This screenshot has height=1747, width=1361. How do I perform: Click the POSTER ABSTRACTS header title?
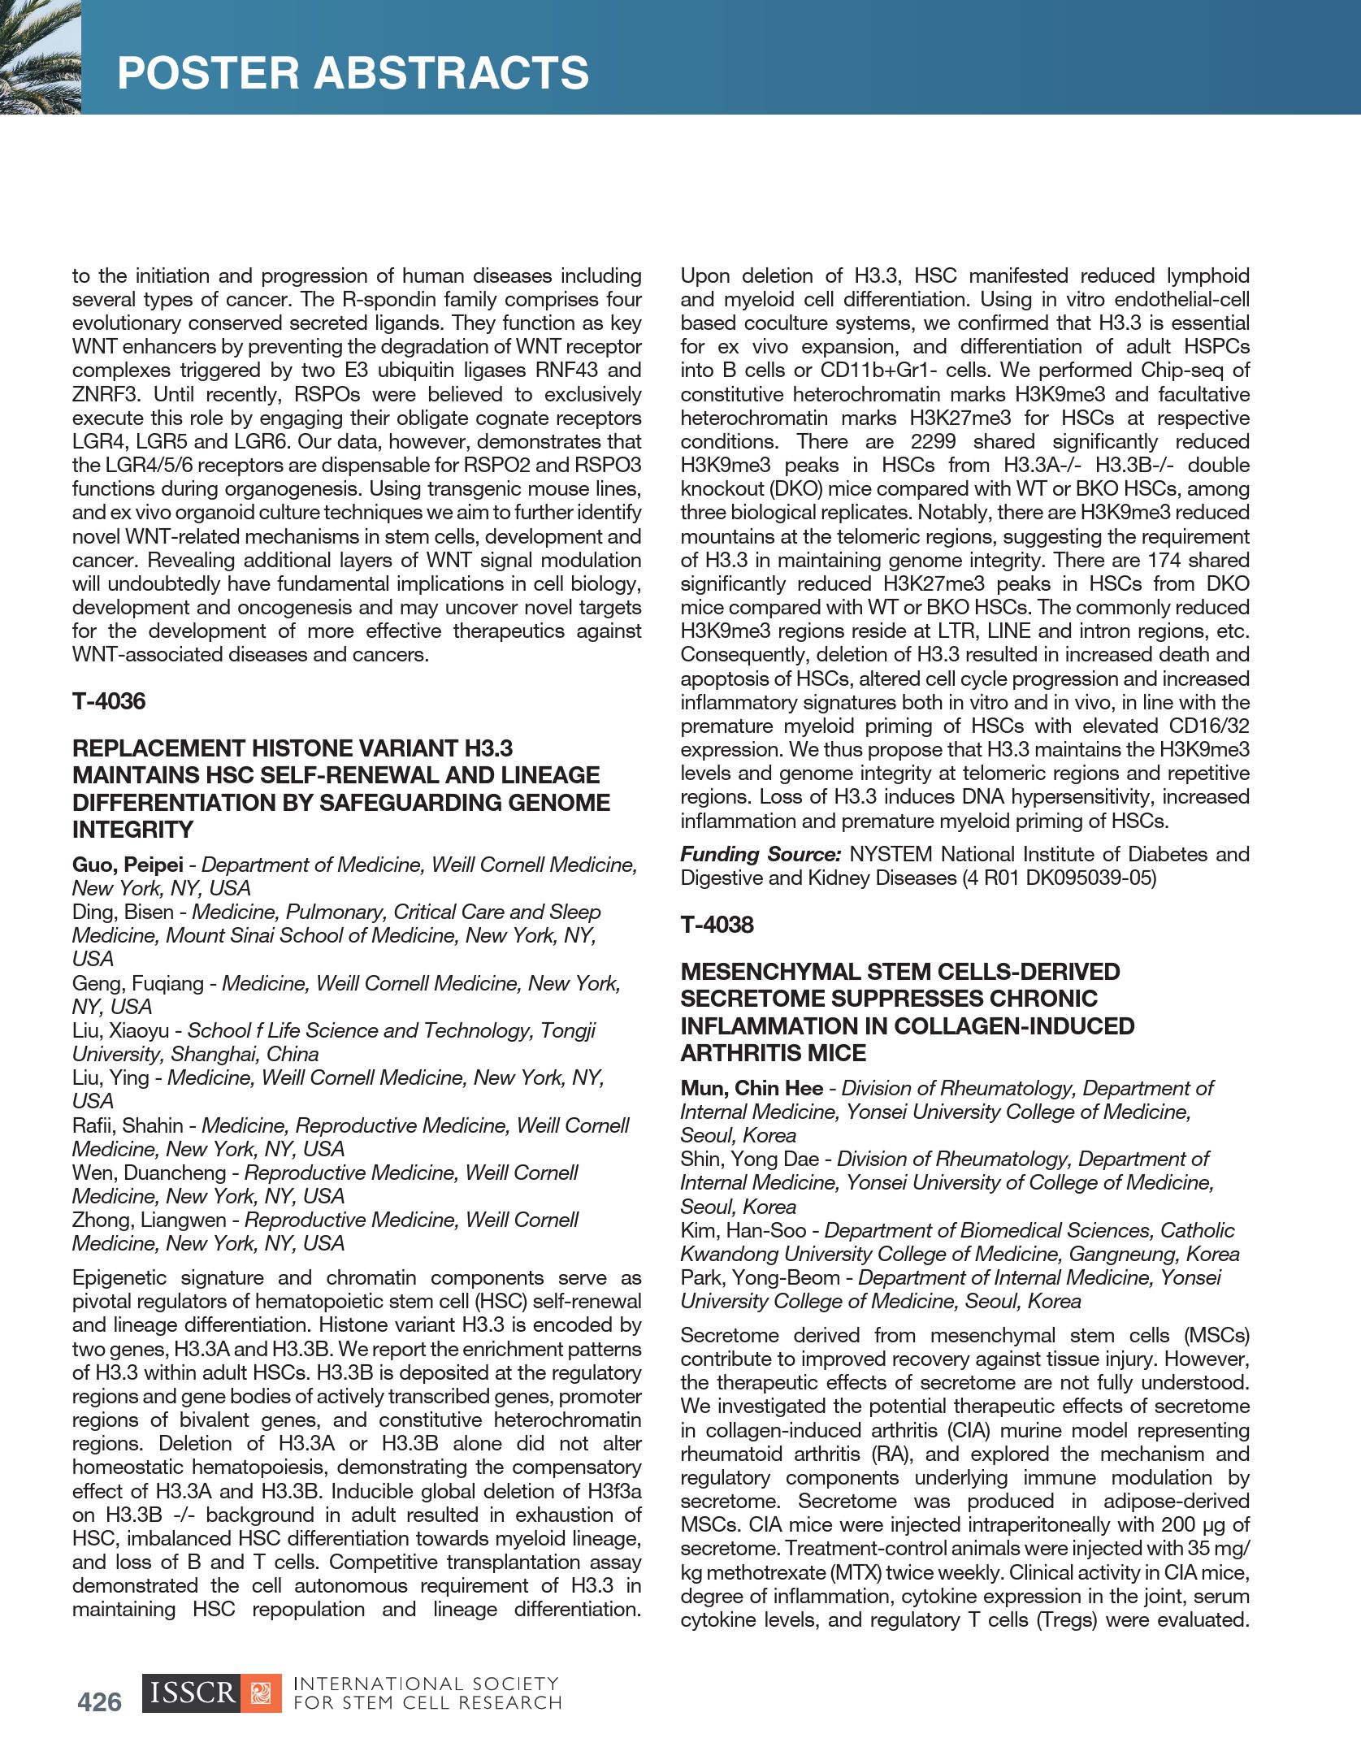click(x=353, y=73)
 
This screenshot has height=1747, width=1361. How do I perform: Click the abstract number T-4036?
click(x=109, y=701)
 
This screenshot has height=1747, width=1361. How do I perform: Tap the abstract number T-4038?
click(x=717, y=925)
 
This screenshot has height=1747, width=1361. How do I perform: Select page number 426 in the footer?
click(x=100, y=1701)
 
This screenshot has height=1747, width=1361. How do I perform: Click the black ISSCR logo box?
click(x=192, y=1693)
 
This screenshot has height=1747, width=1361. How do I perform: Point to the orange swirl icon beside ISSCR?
click(x=261, y=1693)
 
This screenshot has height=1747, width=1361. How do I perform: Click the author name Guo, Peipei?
click(x=128, y=865)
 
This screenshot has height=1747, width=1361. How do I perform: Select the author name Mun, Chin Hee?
click(x=752, y=1088)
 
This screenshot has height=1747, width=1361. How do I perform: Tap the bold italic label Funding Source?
click(x=760, y=854)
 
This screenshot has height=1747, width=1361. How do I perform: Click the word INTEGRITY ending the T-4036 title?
click(x=132, y=830)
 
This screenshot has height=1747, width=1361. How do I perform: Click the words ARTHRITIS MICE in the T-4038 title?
click(x=773, y=1053)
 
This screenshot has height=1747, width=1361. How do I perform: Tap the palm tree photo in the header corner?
click(x=40, y=57)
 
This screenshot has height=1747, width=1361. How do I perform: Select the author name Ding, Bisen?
click(x=123, y=912)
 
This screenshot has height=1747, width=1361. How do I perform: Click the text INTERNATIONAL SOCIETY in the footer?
click(x=426, y=1684)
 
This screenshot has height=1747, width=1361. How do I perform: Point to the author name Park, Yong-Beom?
click(x=759, y=1277)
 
